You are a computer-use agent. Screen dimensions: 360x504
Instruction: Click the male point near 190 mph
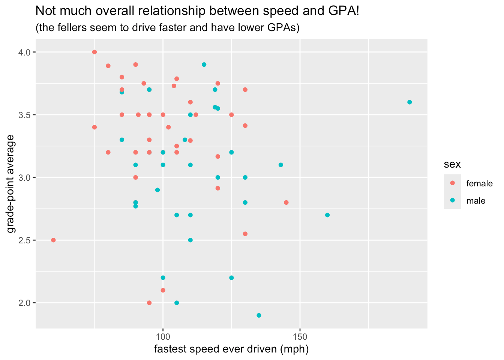[409, 102]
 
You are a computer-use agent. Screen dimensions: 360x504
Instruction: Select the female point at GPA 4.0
[94, 52]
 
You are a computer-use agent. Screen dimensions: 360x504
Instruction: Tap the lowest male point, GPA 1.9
[259, 315]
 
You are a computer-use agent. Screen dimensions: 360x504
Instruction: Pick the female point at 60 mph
[53, 240]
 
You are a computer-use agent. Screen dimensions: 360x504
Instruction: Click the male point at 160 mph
[327, 215]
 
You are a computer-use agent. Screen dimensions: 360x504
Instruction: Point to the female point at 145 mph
[286, 202]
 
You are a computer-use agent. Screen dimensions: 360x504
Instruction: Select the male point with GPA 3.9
[204, 64]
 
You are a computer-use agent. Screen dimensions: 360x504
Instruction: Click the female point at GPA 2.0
[149, 303]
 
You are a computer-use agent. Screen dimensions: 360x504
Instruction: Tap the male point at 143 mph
[281, 165]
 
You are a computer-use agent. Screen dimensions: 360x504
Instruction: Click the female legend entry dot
[452, 183]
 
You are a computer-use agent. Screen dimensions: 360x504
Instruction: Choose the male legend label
[476, 201]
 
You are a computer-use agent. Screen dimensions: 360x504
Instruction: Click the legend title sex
[452, 164]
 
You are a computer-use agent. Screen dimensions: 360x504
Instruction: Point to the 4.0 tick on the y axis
[25, 52]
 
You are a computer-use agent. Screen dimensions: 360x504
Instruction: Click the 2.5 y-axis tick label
[25, 240]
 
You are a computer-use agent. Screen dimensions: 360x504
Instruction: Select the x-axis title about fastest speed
[231, 349]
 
